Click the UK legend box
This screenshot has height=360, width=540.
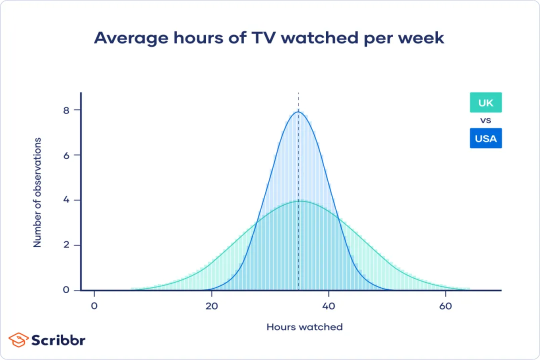[x=485, y=103]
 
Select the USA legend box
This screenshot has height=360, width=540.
[x=485, y=138]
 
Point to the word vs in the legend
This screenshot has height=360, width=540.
[x=485, y=120]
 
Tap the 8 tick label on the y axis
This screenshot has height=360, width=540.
[x=66, y=109]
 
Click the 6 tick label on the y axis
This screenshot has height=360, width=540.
[x=66, y=155]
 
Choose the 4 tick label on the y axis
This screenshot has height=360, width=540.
[x=66, y=200]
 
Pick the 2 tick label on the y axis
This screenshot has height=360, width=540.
[x=66, y=245]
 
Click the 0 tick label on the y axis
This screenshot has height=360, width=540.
[x=66, y=290]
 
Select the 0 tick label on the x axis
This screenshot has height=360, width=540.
[x=94, y=306]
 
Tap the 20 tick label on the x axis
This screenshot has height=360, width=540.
[x=211, y=306]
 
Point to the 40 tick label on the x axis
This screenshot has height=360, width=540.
[x=328, y=306]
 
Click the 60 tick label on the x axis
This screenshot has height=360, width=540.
[x=445, y=306]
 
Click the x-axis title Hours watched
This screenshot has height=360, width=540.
[x=304, y=327]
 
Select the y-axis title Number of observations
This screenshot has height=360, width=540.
[x=37, y=192]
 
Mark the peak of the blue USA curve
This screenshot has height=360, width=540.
[x=298, y=111]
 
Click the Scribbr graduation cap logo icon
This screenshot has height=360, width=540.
[x=18, y=340]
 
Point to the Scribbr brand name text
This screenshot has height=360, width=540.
[x=58, y=340]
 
